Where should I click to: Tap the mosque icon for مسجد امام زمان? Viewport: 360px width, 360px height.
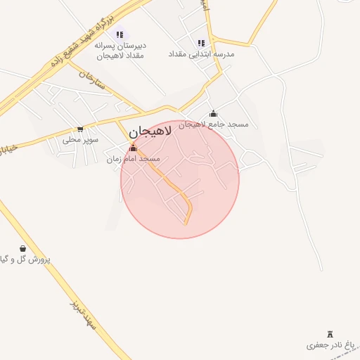tap(134, 148)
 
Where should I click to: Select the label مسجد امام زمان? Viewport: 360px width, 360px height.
tap(134, 159)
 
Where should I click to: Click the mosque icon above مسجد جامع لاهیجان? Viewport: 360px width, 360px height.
tap(213, 113)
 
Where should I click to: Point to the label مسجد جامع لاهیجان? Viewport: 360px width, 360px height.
tap(213, 124)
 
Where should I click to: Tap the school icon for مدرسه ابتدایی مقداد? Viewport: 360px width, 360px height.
tap(202, 43)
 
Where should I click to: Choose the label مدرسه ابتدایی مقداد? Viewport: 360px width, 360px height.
tap(201, 53)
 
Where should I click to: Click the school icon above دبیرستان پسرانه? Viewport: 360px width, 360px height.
tap(120, 34)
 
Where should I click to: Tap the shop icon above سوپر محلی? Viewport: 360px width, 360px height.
tap(81, 129)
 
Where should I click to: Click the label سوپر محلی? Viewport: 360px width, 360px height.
tap(81, 139)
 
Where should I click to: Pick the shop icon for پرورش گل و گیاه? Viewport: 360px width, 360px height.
tap(23, 248)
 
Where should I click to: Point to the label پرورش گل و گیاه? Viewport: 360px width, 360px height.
tap(25, 259)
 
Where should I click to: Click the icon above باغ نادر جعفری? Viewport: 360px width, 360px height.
tap(331, 334)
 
